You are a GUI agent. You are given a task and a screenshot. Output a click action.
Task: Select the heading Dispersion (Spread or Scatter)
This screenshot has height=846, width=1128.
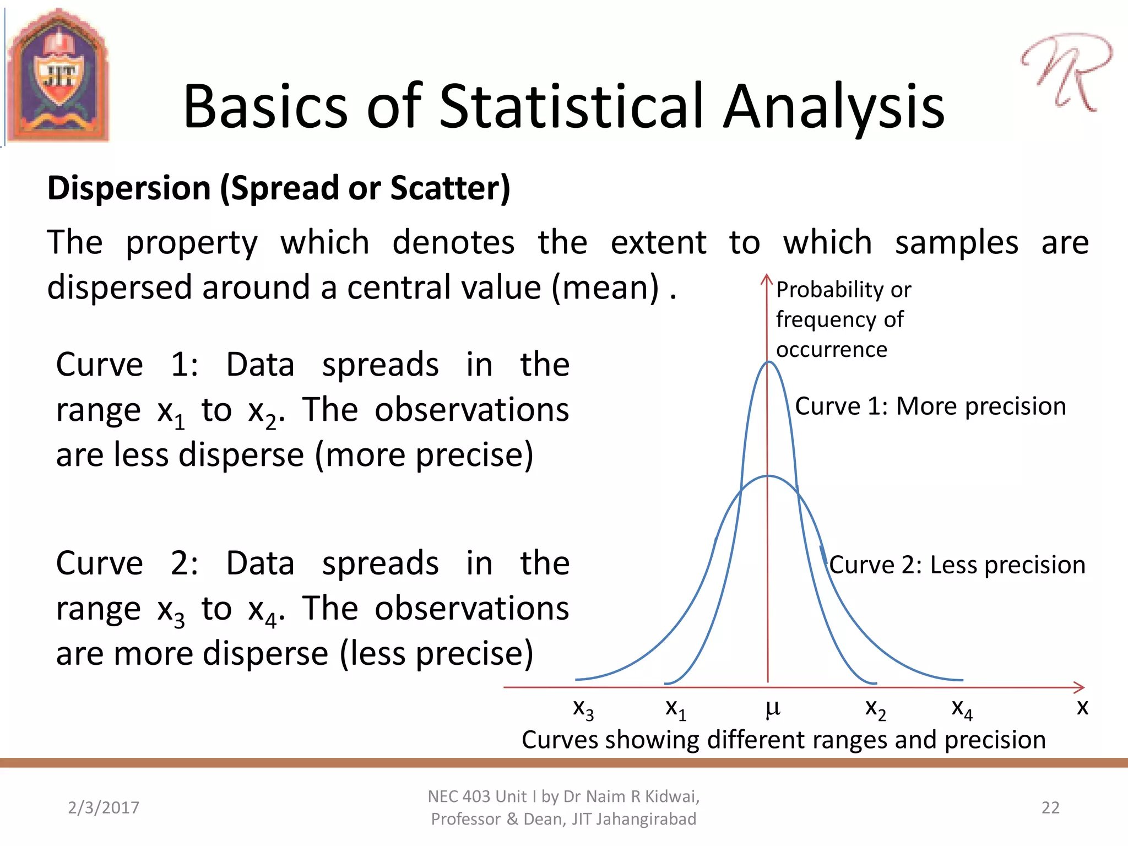pos(279,188)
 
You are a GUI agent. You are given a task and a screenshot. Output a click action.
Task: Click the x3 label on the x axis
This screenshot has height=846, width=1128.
pos(583,708)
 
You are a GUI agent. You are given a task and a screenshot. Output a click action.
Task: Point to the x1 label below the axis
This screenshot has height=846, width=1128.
pos(676,708)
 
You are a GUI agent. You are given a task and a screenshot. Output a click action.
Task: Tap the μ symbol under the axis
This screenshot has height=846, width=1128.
pos(773,708)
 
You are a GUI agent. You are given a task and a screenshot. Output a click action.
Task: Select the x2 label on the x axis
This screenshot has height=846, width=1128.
pos(875,708)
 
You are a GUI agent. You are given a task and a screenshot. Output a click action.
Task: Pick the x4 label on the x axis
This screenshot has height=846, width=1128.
pos(962,708)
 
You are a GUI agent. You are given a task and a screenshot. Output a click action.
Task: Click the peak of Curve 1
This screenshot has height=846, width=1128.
pos(768,362)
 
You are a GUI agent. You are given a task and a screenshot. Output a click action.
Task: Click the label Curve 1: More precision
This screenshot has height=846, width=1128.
pos(930,406)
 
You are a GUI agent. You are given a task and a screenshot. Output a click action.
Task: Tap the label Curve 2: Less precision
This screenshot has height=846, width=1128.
pos(957,565)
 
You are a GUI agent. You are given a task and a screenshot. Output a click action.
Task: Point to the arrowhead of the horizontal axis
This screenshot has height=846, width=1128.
pos(1080,687)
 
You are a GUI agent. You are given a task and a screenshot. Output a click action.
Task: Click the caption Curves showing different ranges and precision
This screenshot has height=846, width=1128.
pos(783,740)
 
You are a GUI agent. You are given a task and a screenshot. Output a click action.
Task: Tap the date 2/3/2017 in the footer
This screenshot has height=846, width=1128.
pos(104,807)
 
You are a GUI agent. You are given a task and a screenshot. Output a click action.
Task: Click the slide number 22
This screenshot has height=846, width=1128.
pos(1050,807)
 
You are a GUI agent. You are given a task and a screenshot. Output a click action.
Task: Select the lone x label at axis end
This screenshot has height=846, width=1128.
pos(1082,707)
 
